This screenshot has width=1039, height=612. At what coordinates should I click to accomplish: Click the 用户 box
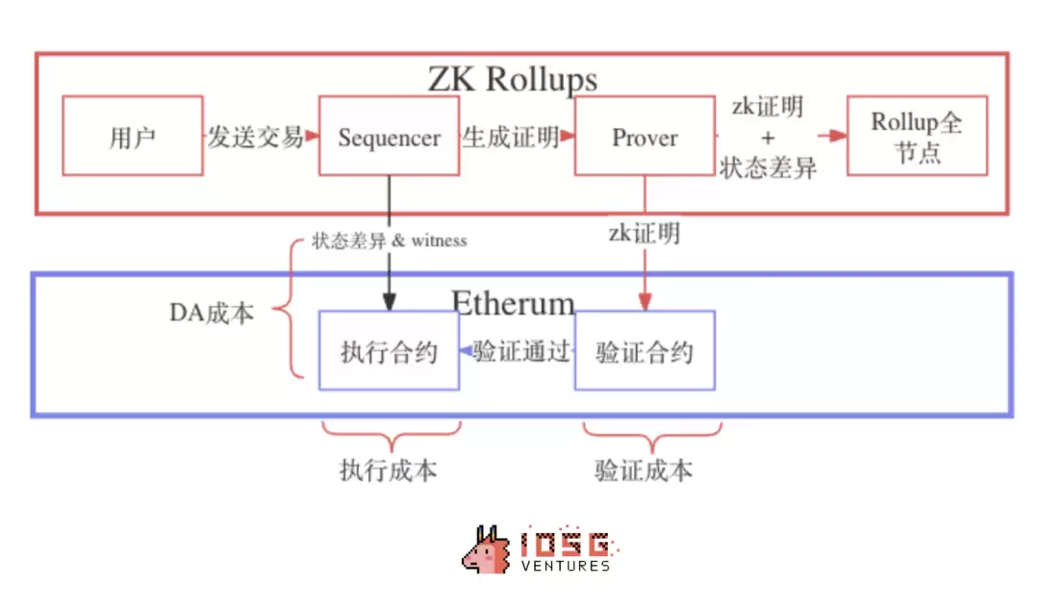click(133, 136)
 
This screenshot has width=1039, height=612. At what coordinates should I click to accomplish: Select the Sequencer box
click(389, 136)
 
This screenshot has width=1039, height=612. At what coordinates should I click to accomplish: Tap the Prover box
click(645, 137)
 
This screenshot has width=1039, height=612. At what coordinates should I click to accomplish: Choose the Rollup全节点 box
click(917, 136)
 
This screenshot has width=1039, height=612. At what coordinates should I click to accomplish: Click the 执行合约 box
click(389, 351)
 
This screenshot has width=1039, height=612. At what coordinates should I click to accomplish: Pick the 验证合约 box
click(645, 351)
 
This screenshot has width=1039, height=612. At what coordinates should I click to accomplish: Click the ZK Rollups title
click(512, 79)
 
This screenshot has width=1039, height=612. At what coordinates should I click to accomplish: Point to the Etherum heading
click(513, 303)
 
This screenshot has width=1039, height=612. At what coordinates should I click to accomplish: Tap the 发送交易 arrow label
click(256, 137)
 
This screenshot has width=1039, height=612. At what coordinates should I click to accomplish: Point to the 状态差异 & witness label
click(389, 241)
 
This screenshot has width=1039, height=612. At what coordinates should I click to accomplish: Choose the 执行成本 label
click(388, 471)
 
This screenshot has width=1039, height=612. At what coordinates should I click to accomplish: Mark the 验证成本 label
click(644, 471)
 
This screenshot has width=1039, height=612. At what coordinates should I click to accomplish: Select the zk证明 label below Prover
click(644, 232)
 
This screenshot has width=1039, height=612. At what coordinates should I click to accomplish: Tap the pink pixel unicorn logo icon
click(487, 550)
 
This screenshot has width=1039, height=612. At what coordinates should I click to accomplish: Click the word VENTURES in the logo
click(565, 566)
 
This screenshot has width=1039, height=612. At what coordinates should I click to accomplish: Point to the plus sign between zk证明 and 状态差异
click(767, 137)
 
